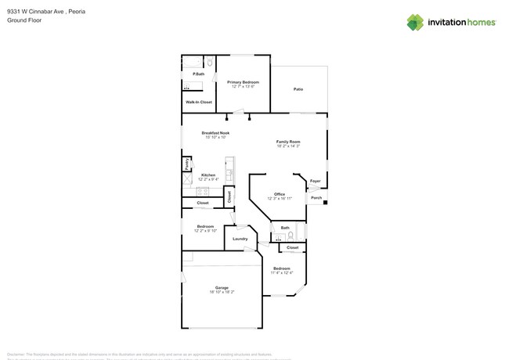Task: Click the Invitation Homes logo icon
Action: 415,22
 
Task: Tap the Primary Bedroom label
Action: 243,81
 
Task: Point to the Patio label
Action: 298,89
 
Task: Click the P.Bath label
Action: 199,74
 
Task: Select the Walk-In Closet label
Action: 198,103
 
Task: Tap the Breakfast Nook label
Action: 215,133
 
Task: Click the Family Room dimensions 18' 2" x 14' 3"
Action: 288,146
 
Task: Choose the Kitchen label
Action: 208,175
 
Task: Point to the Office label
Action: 280,194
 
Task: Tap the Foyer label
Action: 315,182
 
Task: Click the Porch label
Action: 316,197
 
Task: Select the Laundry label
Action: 240,239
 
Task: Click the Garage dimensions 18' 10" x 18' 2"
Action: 222,292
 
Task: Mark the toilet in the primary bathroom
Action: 210,63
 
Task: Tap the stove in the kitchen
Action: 187,182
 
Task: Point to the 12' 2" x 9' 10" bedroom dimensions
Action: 205,231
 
